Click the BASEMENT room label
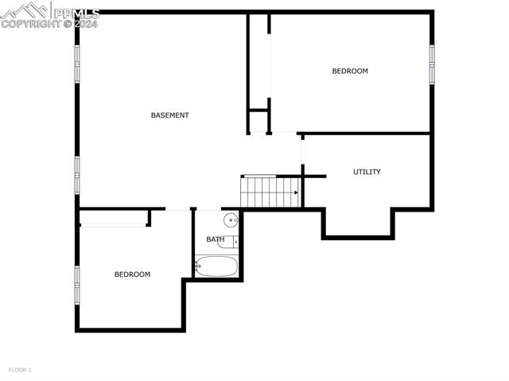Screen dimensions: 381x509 pyautogui.click(x=170, y=115)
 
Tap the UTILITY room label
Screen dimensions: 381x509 pyautogui.click(x=367, y=172)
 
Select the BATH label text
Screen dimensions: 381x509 pyautogui.click(x=216, y=239)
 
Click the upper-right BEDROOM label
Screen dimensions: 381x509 pyautogui.click(x=350, y=72)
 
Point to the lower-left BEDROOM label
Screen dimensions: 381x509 pyautogui.click(x=132, y=274)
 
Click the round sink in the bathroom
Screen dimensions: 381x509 pyautogui.click(x=231, y=220)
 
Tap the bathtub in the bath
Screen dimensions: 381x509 pyautogui.click(x=216, y=266)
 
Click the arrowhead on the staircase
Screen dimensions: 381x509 pyautogui.click(x=296, y=192)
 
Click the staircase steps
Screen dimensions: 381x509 pyautogui.click(x=269, y=192)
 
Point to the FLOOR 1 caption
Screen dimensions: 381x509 pyautogui.click(x=20, y=370)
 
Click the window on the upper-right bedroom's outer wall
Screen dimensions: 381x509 pyautogui.click(x=432, y=64)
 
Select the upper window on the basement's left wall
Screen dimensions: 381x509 pyautogui.click(x=77, y=62)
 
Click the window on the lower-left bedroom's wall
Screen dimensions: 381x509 pyautogui.click(x=77, y=285)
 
